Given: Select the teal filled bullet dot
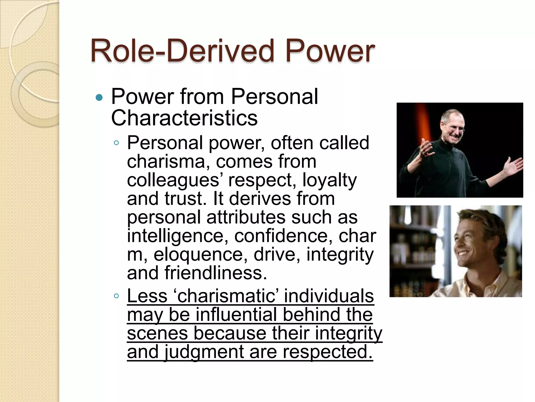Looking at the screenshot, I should pyautogui.click(x=99, y=98).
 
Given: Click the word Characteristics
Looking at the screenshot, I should pyautogui.click(x=184, y=118).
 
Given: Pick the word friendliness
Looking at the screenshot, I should pyautogui.click(x=216, y=273).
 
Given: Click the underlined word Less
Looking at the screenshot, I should pyautogui.click(x=147, y=296).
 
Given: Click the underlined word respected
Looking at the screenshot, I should pyautogui.click(x=328, y=352).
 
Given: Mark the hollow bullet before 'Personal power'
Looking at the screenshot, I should pyautogui.click(x=117, y=143).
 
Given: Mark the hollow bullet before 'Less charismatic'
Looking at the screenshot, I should pyautogui.click(x=117, y=296).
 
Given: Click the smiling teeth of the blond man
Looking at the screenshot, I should pyautogui.click(x=466, y=253).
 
